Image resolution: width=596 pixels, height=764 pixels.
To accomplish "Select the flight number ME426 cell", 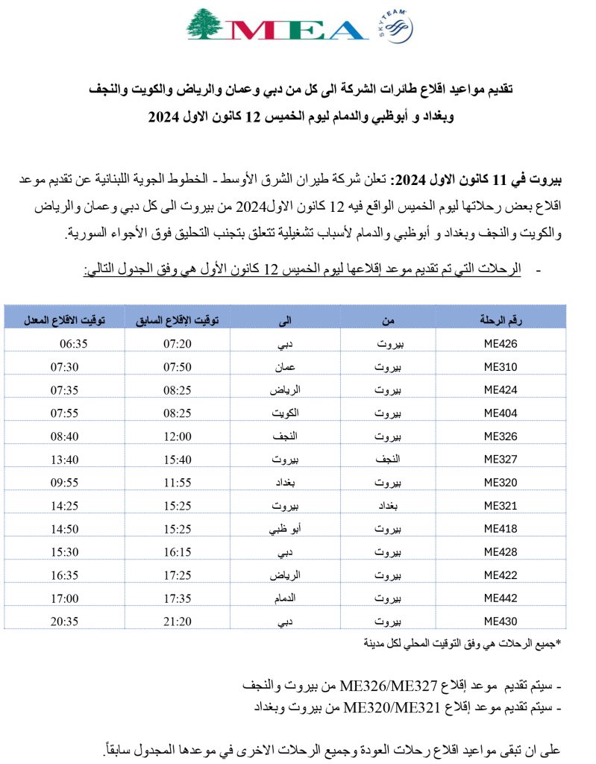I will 501,344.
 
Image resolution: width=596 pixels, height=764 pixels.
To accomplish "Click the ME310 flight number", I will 501,367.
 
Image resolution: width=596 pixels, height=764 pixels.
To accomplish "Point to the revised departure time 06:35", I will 73,344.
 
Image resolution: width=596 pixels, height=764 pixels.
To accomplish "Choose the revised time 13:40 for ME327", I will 73,460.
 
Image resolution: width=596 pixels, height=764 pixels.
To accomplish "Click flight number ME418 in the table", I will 501,529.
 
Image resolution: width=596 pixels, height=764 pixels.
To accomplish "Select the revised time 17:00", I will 73,598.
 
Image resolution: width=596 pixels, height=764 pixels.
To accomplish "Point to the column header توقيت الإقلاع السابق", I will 177,321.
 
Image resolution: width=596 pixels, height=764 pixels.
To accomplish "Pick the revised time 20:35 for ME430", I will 73,621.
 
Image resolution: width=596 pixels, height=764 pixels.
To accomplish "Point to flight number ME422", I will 501,574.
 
